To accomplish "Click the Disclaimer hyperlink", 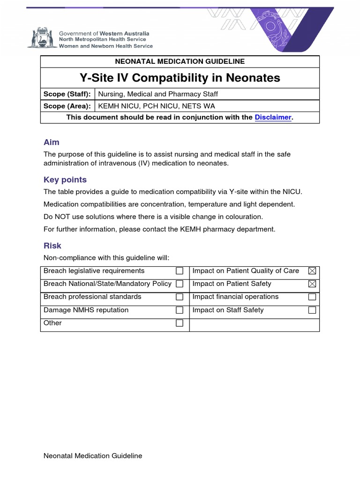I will [273, 117].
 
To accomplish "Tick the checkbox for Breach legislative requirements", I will [179, 271].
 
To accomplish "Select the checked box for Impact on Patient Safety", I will [312, 284].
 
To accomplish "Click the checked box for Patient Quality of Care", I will [312, 271].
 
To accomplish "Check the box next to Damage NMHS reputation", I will [179, 310].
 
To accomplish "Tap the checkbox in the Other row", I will [179, 323].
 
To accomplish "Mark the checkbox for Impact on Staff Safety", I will [312, 310].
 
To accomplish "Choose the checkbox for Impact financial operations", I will [312, 297].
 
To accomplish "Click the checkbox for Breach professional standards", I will [179, 297].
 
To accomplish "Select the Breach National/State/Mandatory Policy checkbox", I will [179, 284].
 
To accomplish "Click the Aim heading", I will [52, 142].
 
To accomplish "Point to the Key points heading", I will [65, 180].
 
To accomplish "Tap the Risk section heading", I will [52, 246].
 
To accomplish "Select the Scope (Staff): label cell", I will [67, 94].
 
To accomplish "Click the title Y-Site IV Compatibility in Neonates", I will [180, 78].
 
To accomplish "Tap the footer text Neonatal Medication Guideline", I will [93, 456].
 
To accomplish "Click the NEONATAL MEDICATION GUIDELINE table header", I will [180, 61].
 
